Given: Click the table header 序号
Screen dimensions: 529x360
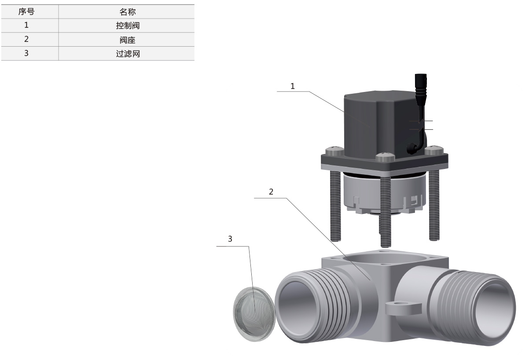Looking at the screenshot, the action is coord(26,11).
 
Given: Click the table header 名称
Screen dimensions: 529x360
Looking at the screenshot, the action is coord(128,12).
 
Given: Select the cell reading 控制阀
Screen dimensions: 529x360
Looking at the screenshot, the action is coord(128,26).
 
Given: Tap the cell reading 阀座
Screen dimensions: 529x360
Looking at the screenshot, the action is coord(128,40).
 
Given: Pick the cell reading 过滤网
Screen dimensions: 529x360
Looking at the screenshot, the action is coord(128,54).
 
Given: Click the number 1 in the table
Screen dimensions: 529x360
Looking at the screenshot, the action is coord(26,25).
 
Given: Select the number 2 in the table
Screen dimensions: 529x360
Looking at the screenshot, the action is coord(26,39).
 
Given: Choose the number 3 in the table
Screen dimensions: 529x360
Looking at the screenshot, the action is coord(26,53).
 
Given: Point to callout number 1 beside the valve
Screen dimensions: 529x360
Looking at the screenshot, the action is coord(293,86).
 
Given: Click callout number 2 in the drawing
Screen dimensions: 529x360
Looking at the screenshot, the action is coord(271,191).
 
